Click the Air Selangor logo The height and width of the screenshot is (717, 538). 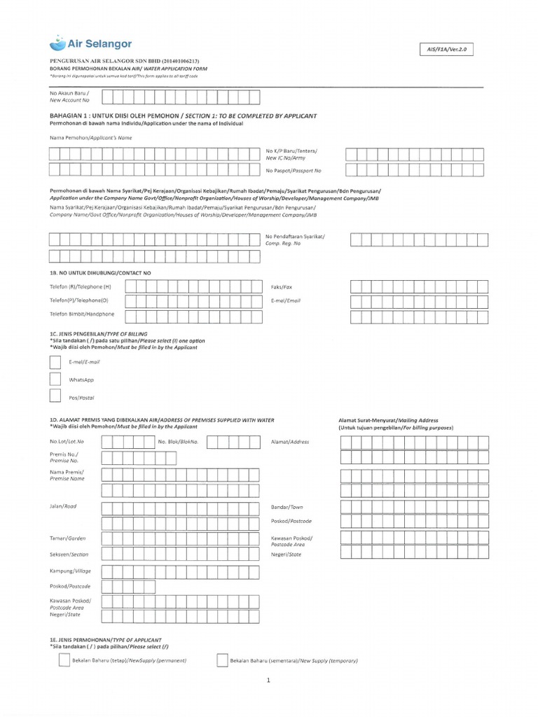coord(90,44)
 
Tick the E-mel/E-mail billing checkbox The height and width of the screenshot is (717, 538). coord(55,362)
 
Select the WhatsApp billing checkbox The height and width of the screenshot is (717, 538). coord(55,380)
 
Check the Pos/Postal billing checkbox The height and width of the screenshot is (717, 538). coord(55,397)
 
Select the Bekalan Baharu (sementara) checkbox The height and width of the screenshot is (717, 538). coord(222,660)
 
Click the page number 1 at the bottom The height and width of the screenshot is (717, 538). coord(268,680)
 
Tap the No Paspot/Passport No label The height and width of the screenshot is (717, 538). coord(293,170)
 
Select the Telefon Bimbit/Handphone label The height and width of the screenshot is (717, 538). coord(81,314)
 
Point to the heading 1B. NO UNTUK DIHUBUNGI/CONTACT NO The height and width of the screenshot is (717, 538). coord(100,272)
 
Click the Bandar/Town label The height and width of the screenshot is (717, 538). coord(287,506)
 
